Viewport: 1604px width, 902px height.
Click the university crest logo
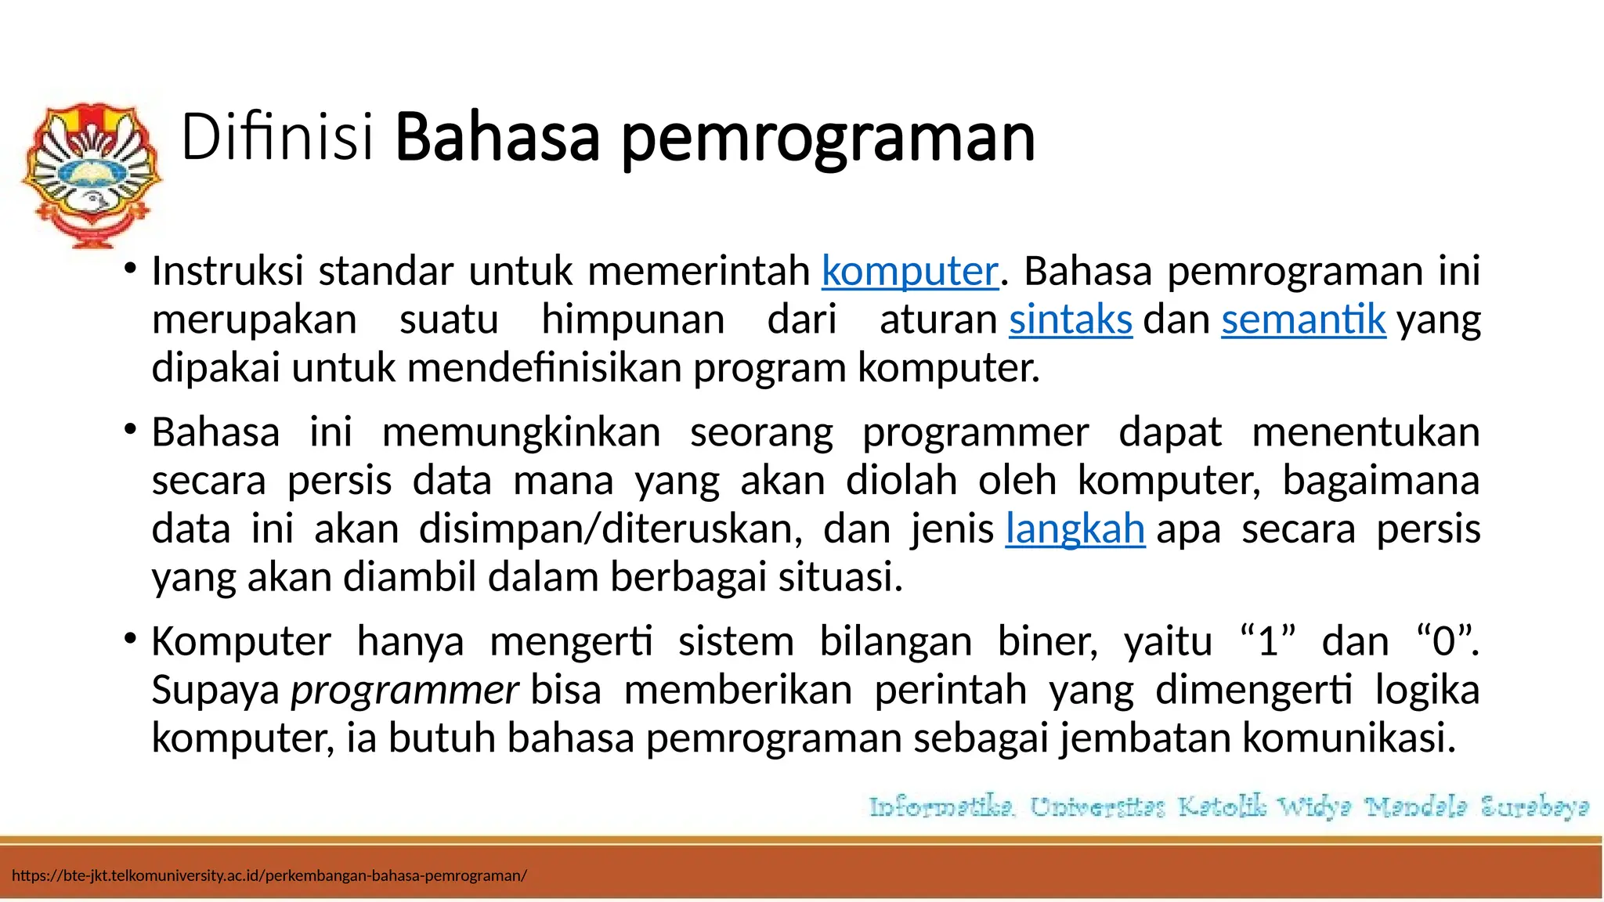[92, 175]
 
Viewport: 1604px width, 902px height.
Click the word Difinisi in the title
[277, 138]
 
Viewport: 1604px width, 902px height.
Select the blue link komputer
[910, 272]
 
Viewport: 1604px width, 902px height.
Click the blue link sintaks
[1070, 320]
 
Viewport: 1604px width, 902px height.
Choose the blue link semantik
[1303, 320]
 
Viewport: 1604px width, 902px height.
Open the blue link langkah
[1075, 529]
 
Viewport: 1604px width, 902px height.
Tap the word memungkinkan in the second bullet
[521, 433]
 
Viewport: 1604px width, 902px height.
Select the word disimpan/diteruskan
[611, 529]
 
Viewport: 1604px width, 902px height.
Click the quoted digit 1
[1268, 642]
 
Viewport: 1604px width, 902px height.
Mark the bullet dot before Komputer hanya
[130, 638]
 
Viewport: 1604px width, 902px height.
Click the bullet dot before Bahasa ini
[130, 429]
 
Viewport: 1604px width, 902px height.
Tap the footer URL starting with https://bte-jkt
[269, 875]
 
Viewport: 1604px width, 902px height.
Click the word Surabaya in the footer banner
[1534, 806]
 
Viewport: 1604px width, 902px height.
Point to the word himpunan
[633, 320]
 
